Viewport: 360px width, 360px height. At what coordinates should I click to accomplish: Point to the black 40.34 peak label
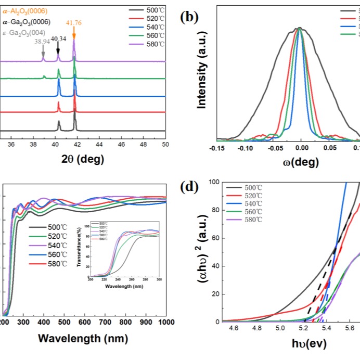coord(58,38)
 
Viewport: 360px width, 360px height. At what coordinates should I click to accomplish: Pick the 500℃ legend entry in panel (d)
coord(253,187)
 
